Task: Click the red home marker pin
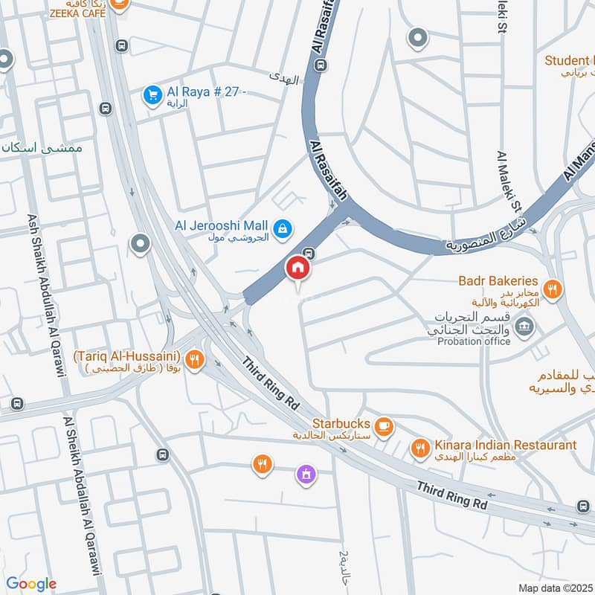tap(297, 268)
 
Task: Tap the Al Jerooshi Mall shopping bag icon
tap(283, 229)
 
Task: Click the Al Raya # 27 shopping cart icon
tap(152, 96)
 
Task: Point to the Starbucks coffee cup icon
tap(383, 425)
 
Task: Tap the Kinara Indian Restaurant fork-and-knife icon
tap(420, 448)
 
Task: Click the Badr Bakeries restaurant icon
tap(551, 289)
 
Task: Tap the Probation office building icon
tap(524, 326)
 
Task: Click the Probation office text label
tap(474, 341)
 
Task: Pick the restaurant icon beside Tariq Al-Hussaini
tap(194, 360)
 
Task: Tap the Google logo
tap(31, 584)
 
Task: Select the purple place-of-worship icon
tap(305, 474)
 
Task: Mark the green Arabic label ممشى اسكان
tap(41, 148)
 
